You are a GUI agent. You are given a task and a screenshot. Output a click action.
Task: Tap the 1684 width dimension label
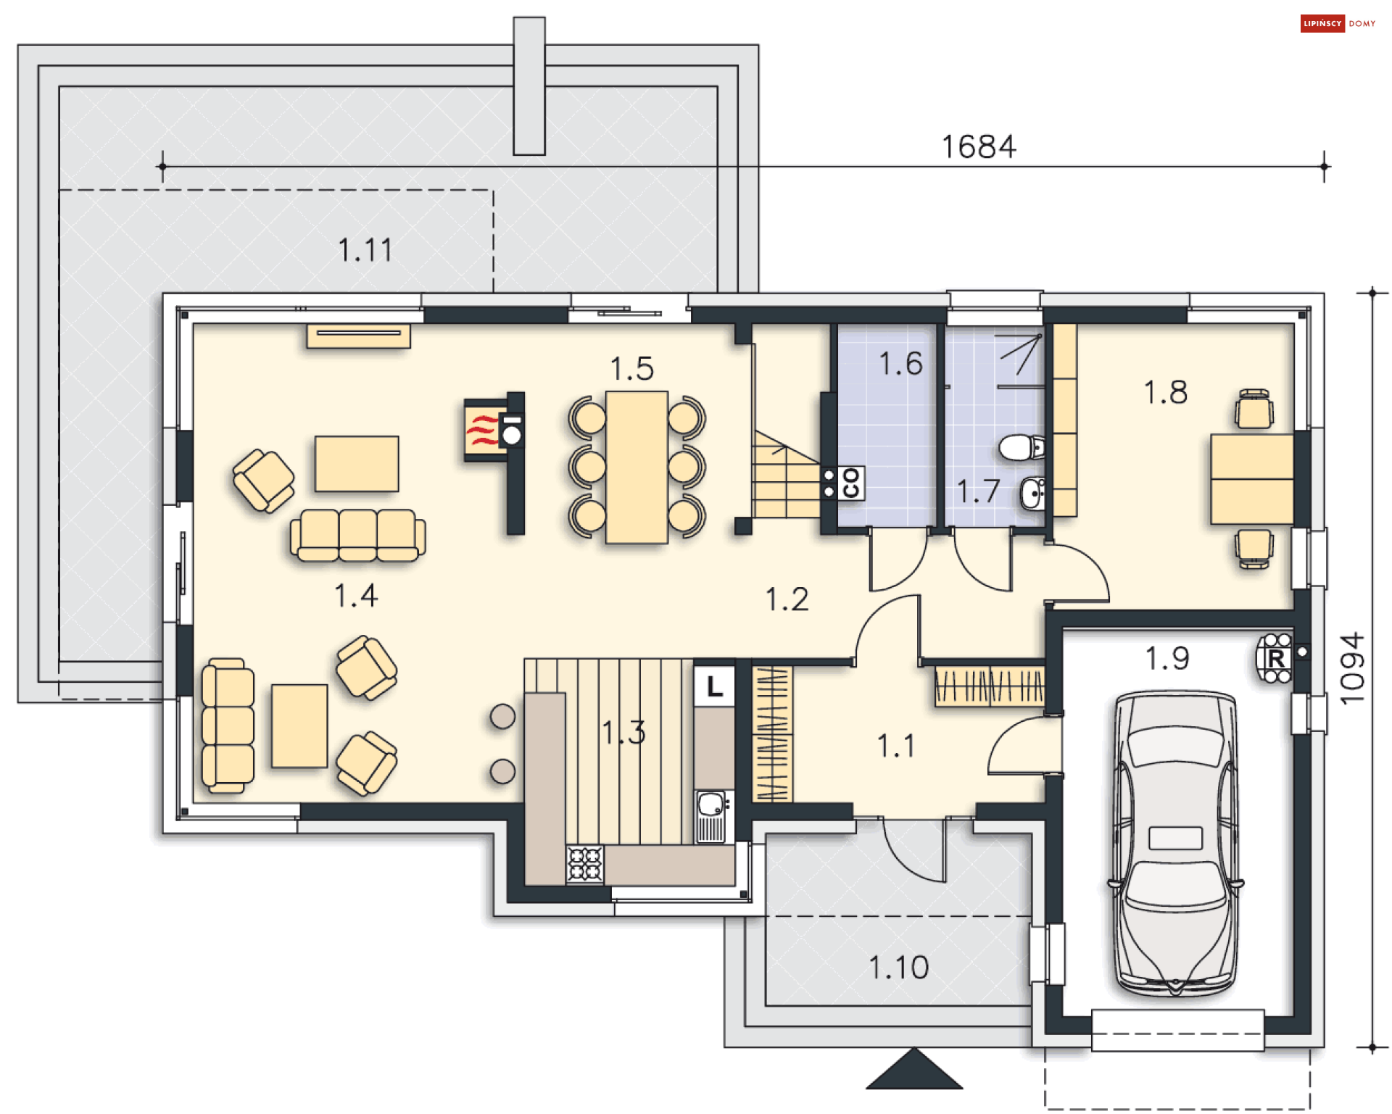pos(979,147)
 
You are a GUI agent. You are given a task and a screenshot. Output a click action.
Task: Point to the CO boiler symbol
pos(851,483)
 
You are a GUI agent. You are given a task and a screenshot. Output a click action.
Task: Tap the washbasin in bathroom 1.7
pos(1033,494)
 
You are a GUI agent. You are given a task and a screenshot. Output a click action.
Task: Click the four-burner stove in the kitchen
pos(584,864)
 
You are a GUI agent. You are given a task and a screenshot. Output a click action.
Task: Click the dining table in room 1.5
pos(637,467)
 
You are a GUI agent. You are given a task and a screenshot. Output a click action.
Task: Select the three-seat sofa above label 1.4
pos(357,535)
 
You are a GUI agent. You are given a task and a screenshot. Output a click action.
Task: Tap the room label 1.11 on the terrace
pos(365,251)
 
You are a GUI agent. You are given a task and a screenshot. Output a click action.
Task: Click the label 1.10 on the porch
pos(898,968)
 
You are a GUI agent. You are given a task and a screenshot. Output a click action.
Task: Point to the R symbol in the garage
pos(1276,659)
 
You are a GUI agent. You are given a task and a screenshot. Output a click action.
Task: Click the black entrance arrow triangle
pos(913,1071)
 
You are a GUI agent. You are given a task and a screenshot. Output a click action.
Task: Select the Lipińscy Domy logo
pos(1337,23)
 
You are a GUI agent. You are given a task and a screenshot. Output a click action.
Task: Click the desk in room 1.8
pos(1251,478)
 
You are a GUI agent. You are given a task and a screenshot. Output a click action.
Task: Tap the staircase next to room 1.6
pos(784,478)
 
